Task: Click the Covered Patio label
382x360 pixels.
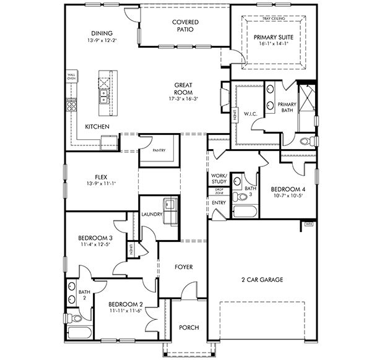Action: point(184,25)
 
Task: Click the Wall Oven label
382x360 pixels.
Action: point(71,77)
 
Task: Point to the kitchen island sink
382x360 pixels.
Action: point(103,97)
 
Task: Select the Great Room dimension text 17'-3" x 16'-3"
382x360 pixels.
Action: point(185,98)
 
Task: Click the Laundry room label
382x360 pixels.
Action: point(152,215)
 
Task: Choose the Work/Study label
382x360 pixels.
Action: point(219,179)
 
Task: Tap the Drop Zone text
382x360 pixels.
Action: point(219,192)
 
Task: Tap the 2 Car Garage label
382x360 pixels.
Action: point(262,280)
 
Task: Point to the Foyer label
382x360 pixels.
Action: point(183,267)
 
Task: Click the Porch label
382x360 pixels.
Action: point(189,327)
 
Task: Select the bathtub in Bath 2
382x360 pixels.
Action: point(79,333)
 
